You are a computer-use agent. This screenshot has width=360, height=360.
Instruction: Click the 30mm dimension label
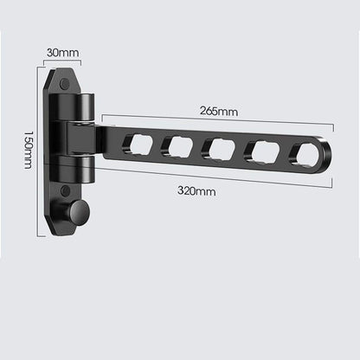pyautogui.click(x=62, y=53)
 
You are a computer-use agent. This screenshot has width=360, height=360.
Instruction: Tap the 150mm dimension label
pyautogui.click(x=29, y=150)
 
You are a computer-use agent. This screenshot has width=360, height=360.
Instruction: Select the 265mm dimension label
pyautogui.click(x=219, y=111)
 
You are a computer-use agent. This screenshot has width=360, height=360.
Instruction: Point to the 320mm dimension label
pyautogui.click(x=196, y=191)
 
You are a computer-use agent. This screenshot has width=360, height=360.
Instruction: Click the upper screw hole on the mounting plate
pyautogui.click(x=65, y=84)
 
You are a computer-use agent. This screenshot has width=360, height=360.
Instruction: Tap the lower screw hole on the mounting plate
pyautogui.click(x=66, y=190)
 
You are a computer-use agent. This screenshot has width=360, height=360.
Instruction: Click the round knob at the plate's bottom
pyautogui.click(x=80, y=211)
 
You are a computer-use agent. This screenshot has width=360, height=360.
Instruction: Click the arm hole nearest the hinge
pyautogui.click(x=138, y=145)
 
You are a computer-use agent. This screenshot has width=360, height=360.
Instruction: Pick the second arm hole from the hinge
pyautogui.click(x=177, y=147)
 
